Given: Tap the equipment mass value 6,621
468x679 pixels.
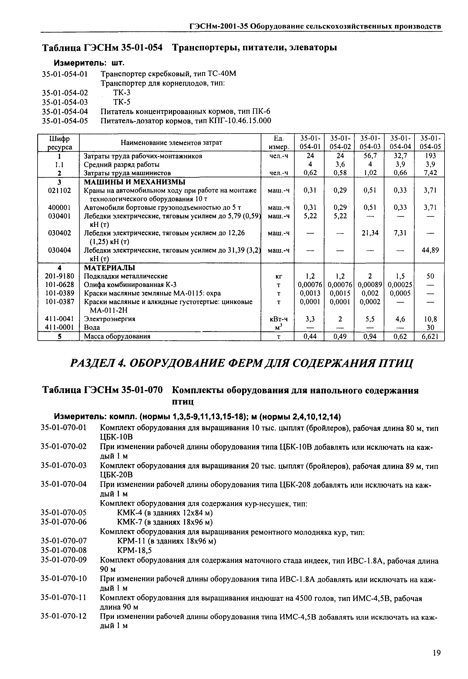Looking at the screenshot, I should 429,337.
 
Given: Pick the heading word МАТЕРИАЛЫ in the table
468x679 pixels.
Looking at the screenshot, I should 109,268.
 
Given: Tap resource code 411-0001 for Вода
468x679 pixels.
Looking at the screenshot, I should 59,327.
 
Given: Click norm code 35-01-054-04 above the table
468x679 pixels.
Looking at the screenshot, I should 65,111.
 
